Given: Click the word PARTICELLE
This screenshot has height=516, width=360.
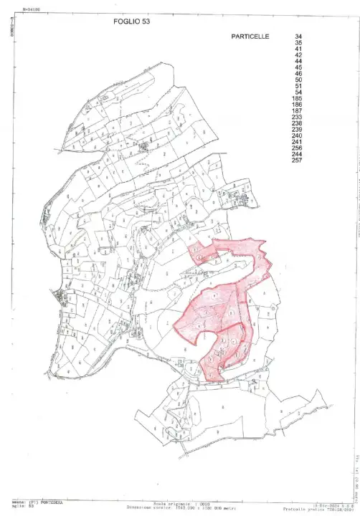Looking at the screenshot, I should click(x=250, y=35).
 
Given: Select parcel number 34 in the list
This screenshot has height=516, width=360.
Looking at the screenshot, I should click(x=298, y=35).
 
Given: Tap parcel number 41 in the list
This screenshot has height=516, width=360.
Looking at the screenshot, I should click(x=298, y=49).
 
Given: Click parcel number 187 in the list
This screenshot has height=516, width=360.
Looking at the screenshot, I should click(x=298, y=111).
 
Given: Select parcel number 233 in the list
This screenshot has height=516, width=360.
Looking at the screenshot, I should click(x=298, y=118).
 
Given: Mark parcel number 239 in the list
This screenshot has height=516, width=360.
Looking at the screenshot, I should click(x=298, y=130).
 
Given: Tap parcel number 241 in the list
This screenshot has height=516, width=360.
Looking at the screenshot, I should click(x=298, y=142).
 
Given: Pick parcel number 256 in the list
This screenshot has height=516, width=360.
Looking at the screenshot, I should click(x=298, y=148).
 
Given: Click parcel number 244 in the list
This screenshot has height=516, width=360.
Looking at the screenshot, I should click(x=298, y=154).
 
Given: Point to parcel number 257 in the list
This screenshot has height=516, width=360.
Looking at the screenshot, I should click(x=298, y=161).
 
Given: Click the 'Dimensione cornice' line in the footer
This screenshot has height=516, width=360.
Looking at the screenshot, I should click(x=179, y=508).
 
